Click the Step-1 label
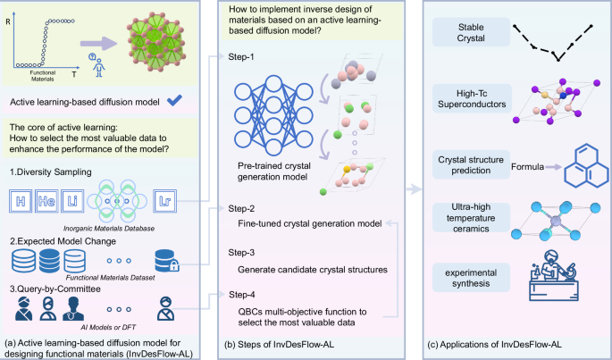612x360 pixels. click(239, 55)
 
